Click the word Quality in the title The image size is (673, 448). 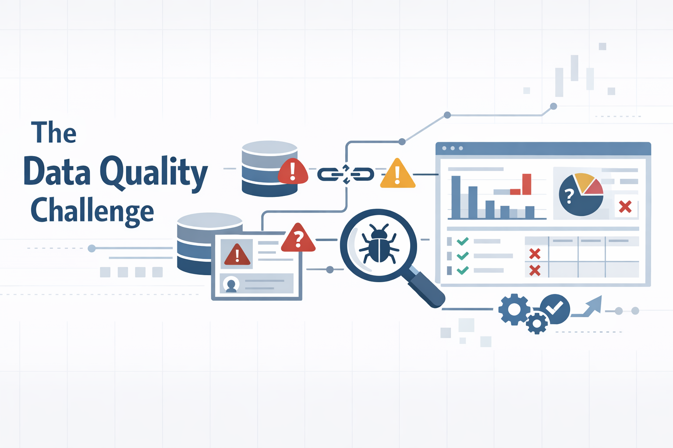(153, 172)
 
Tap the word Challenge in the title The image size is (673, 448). (92, 211)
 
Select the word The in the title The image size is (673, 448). (53, 133)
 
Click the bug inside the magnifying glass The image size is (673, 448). (379, 245)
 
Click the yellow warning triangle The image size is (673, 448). (397, 175)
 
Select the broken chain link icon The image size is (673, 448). (346, 174)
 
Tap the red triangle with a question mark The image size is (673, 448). (298, 238)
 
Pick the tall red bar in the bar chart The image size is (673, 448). (527, 184)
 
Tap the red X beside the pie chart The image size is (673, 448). (625, 206)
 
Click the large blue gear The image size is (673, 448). (514, 309)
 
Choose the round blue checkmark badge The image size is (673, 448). (555, 308)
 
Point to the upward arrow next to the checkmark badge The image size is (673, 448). (589, 306)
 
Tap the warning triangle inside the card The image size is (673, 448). (237, 255)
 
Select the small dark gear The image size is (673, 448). (537, 324)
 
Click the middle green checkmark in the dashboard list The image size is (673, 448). (463, 255)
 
